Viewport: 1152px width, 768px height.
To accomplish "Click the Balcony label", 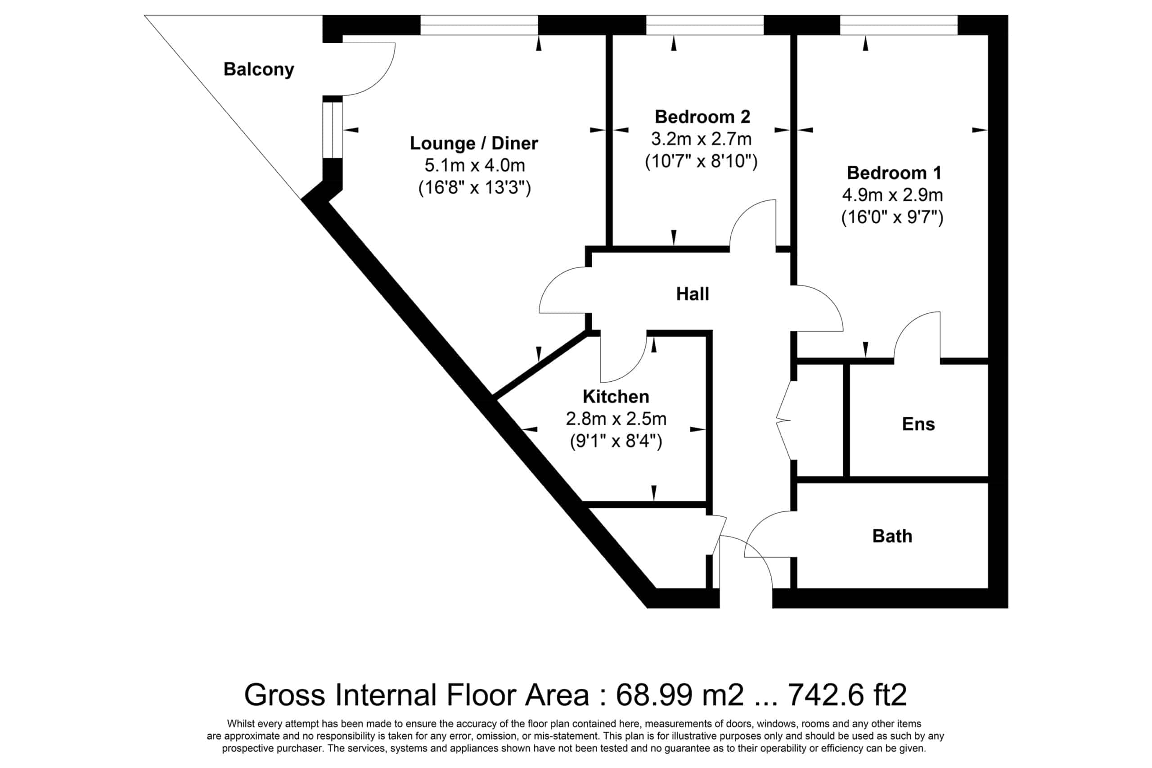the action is click(x=258, y=69).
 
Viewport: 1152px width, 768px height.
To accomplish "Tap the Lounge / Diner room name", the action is click(x=473, y=143).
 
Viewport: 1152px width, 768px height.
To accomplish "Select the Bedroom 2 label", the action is click(x=702, y=117).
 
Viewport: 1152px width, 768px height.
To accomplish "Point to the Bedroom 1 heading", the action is click(x=894, y=172).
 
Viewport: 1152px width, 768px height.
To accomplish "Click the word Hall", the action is click(x=692, y=294).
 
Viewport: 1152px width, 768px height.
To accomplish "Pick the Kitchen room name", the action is click(x=616, y=396).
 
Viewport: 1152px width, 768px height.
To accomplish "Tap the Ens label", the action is click(x=918, y=424).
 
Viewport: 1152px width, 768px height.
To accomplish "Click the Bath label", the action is click(x=892, y=536).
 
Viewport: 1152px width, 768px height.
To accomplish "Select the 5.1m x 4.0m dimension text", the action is click(x=474, y=166).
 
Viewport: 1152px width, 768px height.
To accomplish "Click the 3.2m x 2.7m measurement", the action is click(x=701, y=139).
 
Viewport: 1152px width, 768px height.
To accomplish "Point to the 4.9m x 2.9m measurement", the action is click(x=892, y=195).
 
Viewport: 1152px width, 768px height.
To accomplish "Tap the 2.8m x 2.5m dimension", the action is click(x=616, y=419).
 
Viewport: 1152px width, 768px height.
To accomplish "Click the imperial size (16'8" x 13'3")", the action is click(x=474, y=188).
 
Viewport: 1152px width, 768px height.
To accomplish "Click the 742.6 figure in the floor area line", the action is click(x=825, y=695).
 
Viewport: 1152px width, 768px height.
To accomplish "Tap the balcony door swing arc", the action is click(x=382, y=78).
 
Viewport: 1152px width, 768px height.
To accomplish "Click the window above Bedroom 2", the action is click(x=705, y=25).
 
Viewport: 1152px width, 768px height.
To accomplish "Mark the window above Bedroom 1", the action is click(x=898, y=25).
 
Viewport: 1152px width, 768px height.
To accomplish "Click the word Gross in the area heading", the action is click(x=284, y=695).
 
